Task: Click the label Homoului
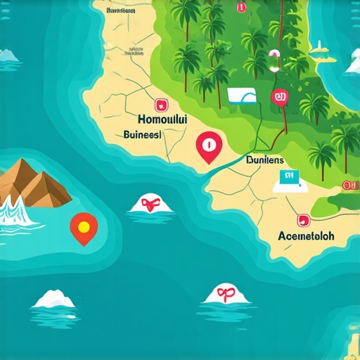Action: click(x=164, y=120)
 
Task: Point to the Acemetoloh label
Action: click(x=308, y=235)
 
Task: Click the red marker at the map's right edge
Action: click(x=348, y=184)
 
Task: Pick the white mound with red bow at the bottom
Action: click(x=224, y=295)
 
